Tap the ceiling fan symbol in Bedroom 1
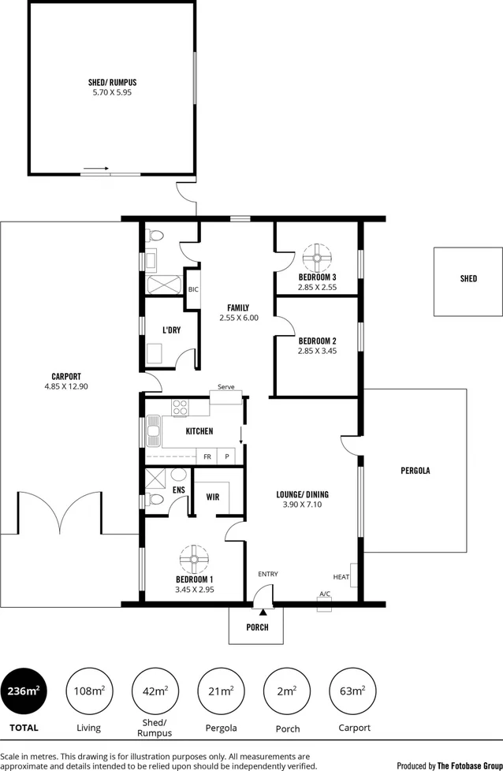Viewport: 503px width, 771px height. pos(194,560)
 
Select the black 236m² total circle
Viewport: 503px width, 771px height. pos(23,691)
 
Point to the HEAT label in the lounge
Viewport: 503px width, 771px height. pos(341,577)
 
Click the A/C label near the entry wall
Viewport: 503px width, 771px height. pos(325,594)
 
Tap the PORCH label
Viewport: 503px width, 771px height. pos(258,628)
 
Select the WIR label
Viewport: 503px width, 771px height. pos(212,497)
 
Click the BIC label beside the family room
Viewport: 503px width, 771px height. pos(193,289)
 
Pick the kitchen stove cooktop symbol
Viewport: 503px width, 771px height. pos(180,408)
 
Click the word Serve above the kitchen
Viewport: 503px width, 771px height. pos(226,387)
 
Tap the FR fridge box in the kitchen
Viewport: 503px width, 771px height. pos(207,456)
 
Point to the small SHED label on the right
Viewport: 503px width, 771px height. pos(468,279)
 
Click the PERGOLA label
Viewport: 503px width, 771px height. pos(415,471)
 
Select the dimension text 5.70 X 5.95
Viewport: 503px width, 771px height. pos(113,92)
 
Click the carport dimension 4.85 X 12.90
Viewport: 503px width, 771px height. pos(66,387)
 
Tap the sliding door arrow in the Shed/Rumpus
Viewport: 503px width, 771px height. pos(95,168)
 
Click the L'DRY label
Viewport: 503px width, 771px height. pos(171,330)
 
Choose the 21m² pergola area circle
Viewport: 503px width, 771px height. pos(221,691)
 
